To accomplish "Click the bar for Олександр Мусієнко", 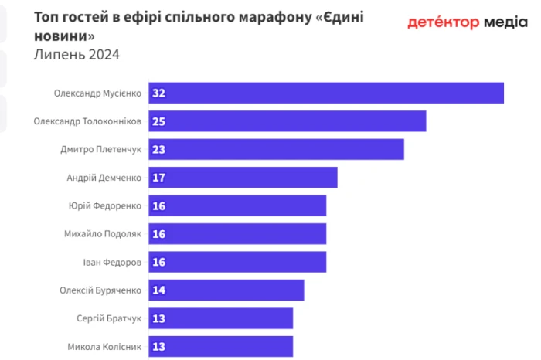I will click(x=326, y=93).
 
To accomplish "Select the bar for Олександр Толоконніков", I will click(x=288, y=121).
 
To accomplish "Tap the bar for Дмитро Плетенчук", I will click(x=277, y=149).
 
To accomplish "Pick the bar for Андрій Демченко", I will click(x=243, y=178).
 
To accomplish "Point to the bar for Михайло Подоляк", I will click(x=237, y=234).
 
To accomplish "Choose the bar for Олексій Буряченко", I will click(x=226, y=290).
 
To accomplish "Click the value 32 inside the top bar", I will click(x=159, y=93).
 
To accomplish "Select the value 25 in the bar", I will click(x=159, y=121).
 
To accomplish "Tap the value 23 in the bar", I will click(x=159, y=149).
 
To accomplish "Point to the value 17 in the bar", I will click(x=159, y=178).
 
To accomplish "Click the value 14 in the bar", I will click(x=159, y=290).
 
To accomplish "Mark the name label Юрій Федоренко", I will click(x=105, y=205).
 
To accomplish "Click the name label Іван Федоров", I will click(x=112, y=262).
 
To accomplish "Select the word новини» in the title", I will click(x=66, y=36).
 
